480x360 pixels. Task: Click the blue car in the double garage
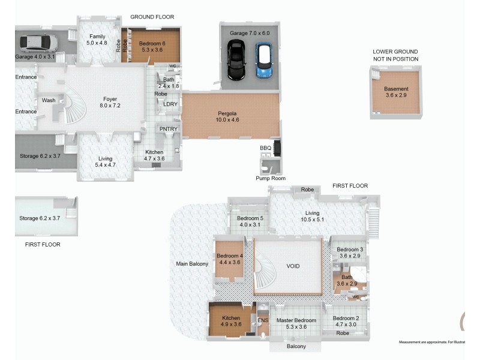tap(263, 60)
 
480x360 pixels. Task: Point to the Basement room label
tap(396, 92)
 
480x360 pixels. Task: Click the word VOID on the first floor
tap(293, 266)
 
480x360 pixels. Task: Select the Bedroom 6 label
tap(151, 47)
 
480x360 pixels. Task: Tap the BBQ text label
tap(265, 148)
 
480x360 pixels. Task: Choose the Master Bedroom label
tap(296, 323)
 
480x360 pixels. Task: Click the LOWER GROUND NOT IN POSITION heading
tap(395, 55)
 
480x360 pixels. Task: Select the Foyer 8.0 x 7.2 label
tap(110, 103)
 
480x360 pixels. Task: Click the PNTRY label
tap(166, 128)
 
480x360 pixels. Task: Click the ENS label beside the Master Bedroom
tap(262, 321)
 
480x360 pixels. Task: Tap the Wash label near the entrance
tap(48, 100)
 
